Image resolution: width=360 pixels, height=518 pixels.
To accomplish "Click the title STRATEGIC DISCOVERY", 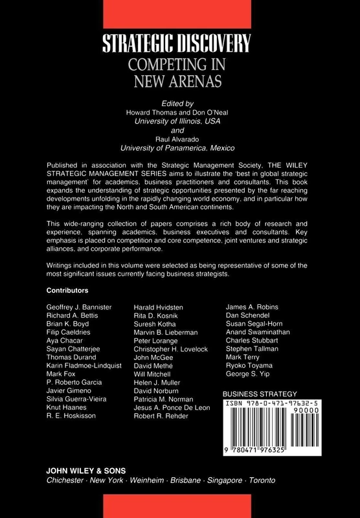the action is click(179, 45).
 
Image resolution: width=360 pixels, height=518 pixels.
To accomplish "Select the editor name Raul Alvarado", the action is click(180, 139).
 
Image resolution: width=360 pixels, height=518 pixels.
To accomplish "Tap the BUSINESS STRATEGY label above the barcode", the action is click(259, 394).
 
